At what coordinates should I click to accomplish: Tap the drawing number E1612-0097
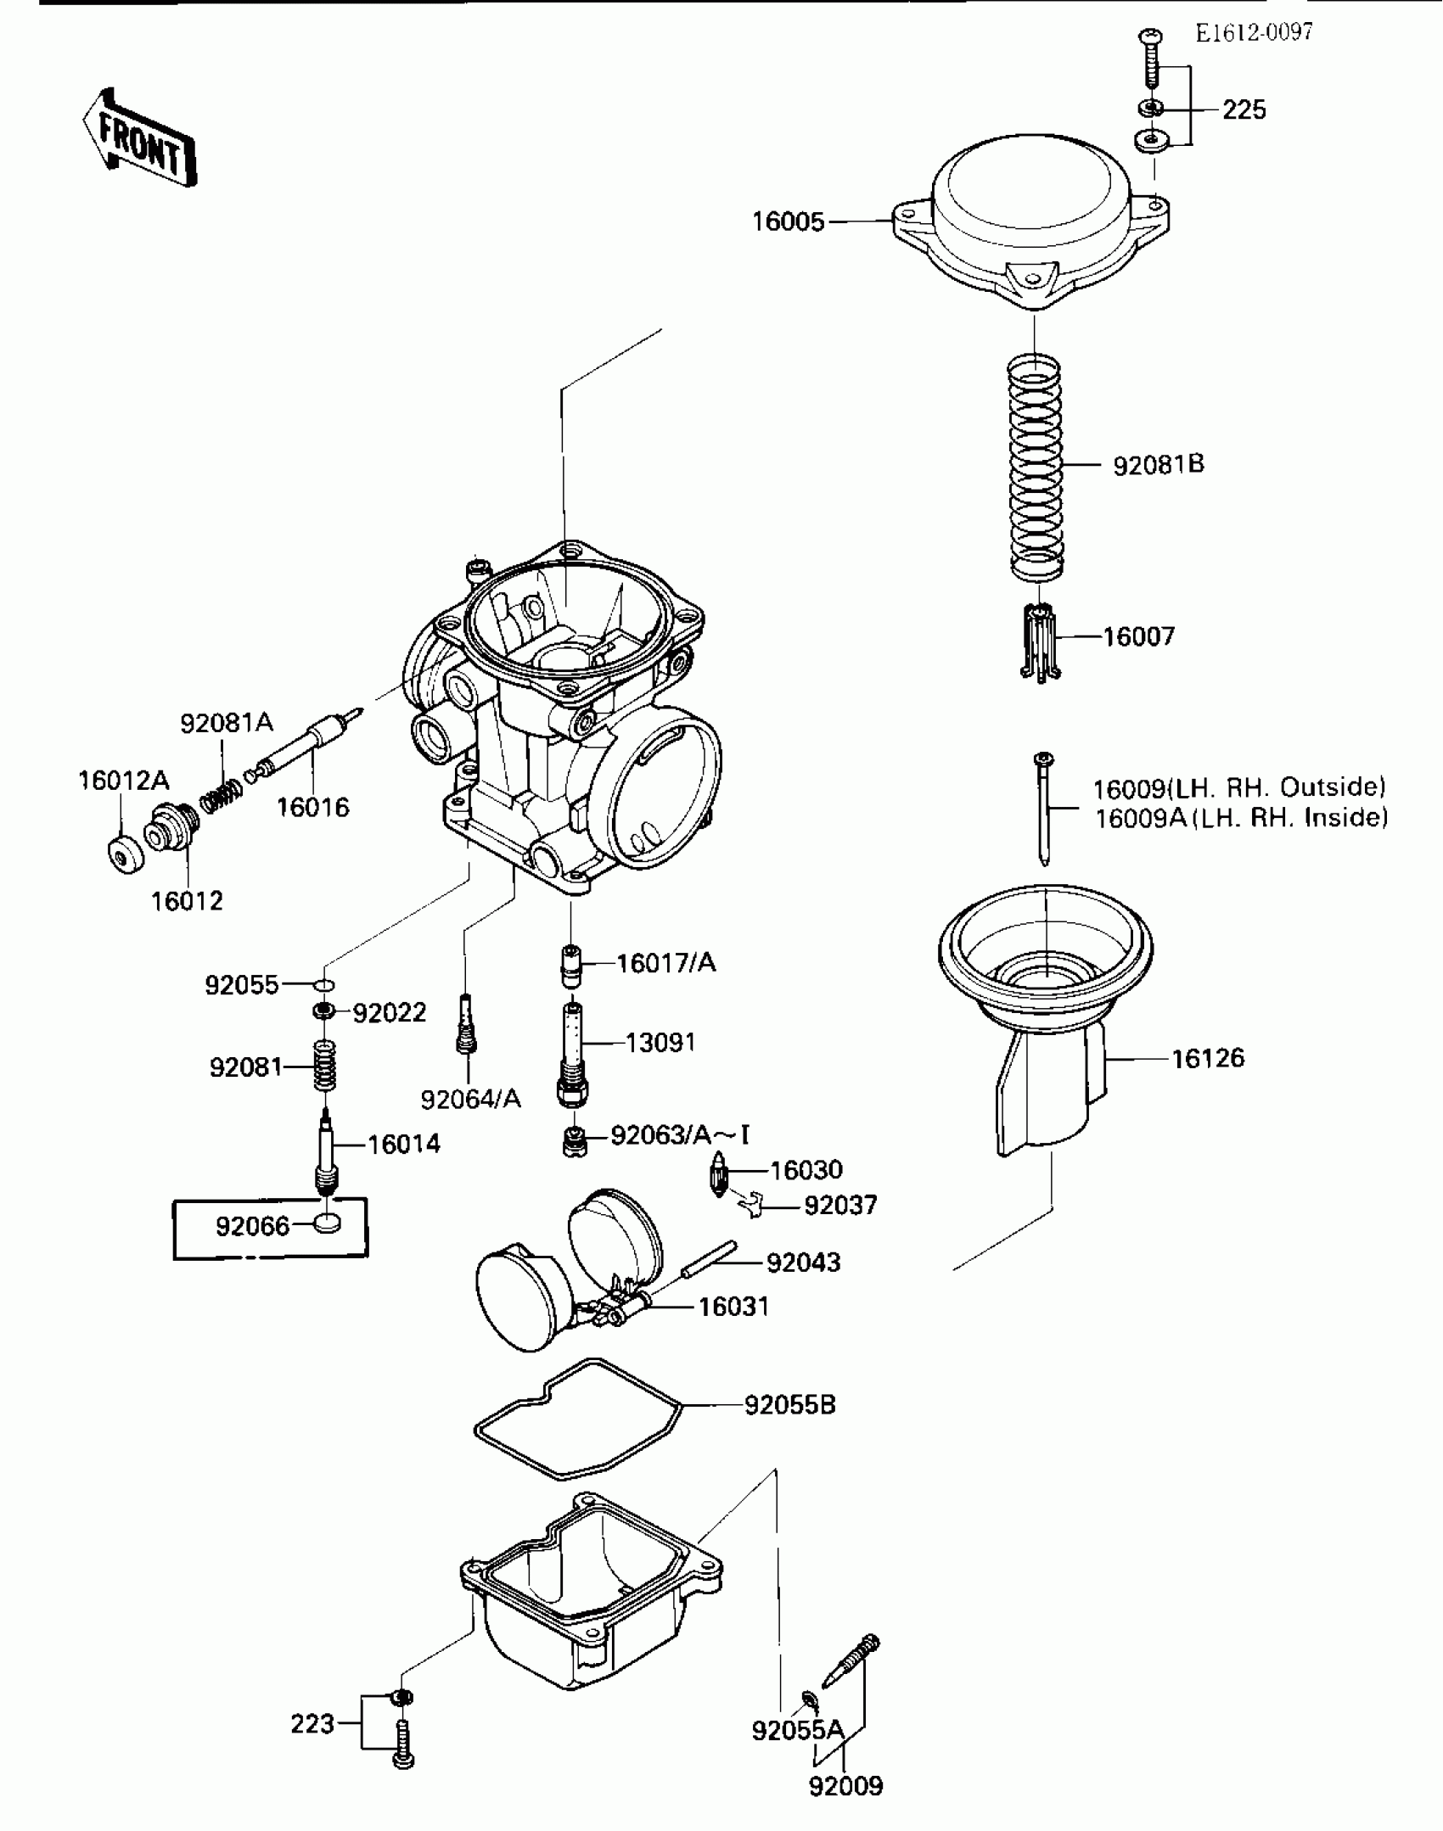click(1254, 33)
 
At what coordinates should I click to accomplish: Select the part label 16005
click(788, 222)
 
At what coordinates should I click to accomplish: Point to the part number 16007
click(1138, 636)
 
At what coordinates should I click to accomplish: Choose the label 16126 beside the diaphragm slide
click(1208, 1058)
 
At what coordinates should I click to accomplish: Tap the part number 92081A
click(226, 723)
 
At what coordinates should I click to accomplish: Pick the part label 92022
click(389, 1012)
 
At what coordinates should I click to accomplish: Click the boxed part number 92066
click(252, 1226)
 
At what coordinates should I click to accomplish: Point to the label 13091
click(660, 1042)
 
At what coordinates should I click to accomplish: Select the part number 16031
click(733, 1307)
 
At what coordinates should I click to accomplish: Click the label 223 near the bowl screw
click(312, 1724)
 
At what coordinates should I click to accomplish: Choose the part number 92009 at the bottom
click(845, 1786)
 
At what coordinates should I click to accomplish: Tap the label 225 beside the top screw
click(1244, 110)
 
